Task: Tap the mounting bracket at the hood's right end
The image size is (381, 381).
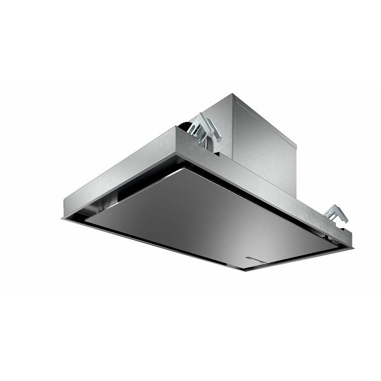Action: [335, 215]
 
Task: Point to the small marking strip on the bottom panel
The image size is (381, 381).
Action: [260, 261]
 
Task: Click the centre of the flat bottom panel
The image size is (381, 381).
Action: [210, 216]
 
